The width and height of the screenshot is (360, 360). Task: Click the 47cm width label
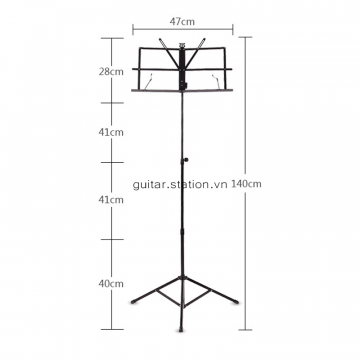coord(182,22)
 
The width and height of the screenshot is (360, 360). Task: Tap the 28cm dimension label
coord(111,72)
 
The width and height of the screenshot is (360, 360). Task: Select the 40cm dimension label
coord(111,284)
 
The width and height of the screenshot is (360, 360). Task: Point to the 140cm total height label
coord(246,184)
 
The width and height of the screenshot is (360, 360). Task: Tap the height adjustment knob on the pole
coord(185,160)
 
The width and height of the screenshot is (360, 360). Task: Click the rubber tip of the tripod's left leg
coord(134,302)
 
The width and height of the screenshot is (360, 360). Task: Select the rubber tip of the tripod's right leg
coord(236,302)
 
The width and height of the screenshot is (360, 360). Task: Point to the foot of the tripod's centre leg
coord(181,330)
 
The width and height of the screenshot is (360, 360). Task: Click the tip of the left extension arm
coord(161,40)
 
